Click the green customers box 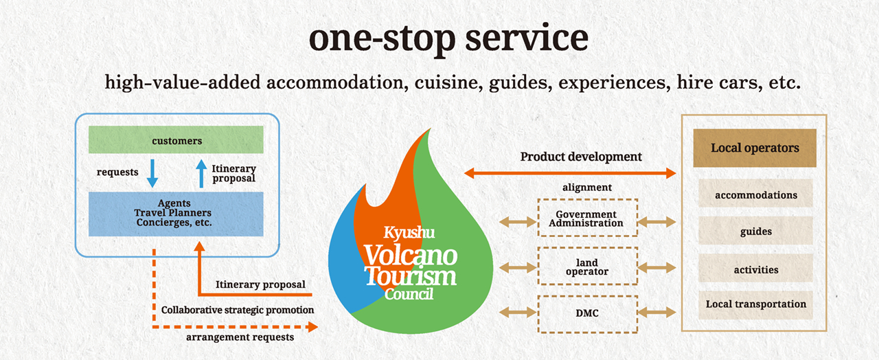(176, 139)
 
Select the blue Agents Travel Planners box (176, 214)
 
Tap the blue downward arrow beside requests (152, 173)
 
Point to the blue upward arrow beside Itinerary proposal (201, 173)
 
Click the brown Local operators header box (755, 148)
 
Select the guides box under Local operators (755, 231)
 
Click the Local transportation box (755, 305)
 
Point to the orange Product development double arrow (570, 172)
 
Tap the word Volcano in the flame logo (411, 256)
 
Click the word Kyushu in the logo (409, 232)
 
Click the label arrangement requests (240, 337)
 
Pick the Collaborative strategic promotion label (238, 310)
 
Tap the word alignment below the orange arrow (587, 188)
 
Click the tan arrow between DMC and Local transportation (657, 313)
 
